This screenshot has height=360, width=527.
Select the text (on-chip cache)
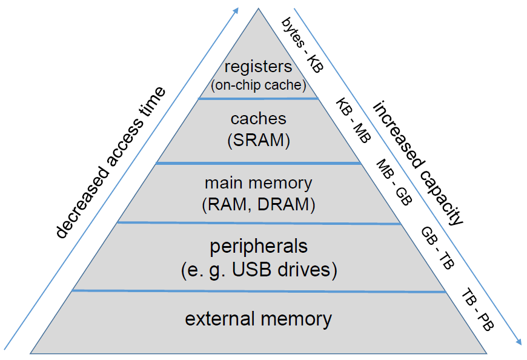coord(259,84)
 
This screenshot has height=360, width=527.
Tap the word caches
coord(259,119)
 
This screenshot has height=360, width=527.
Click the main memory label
coord(259,183)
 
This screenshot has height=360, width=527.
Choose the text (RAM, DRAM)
coord(259,204)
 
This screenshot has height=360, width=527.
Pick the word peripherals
coord(259,247)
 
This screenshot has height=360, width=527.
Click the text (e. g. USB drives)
coord(259,269)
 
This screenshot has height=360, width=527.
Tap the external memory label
coord(259,319)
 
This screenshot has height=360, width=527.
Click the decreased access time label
coord(110,162)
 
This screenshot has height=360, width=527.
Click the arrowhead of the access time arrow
coord(236,11)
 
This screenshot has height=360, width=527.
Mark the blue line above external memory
coord(259,291)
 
